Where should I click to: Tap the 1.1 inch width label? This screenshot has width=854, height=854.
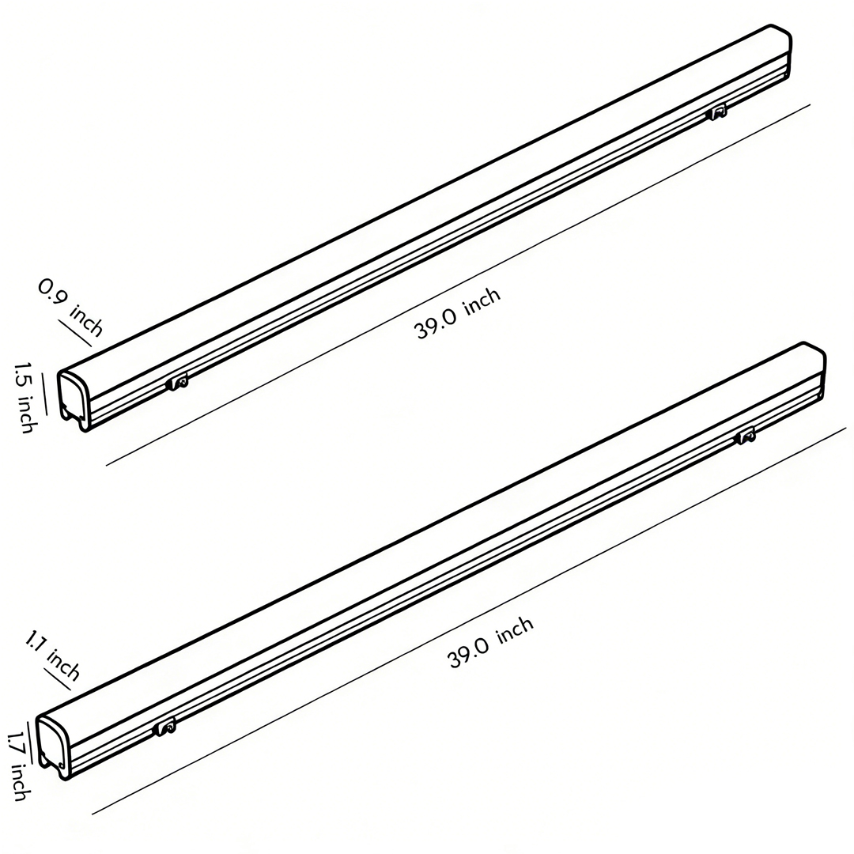coord(52,656)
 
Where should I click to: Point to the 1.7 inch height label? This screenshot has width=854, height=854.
coord(18,765)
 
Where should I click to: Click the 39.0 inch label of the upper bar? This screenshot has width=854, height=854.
coord(458,314)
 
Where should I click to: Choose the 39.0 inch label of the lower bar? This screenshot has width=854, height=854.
coord(490,642)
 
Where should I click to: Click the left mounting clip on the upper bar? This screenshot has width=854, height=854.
coord(178,383)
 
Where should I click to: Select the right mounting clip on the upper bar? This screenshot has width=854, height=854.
coord(716,112)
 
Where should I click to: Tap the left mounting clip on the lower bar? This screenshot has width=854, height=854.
coord(165,727)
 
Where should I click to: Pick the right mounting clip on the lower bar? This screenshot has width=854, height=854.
coord(745,436)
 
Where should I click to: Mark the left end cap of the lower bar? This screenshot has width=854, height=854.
coord(54,746)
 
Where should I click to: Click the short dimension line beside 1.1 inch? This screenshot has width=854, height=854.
coord(59,681)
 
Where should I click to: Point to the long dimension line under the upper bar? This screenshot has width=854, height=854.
coord(459,285)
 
